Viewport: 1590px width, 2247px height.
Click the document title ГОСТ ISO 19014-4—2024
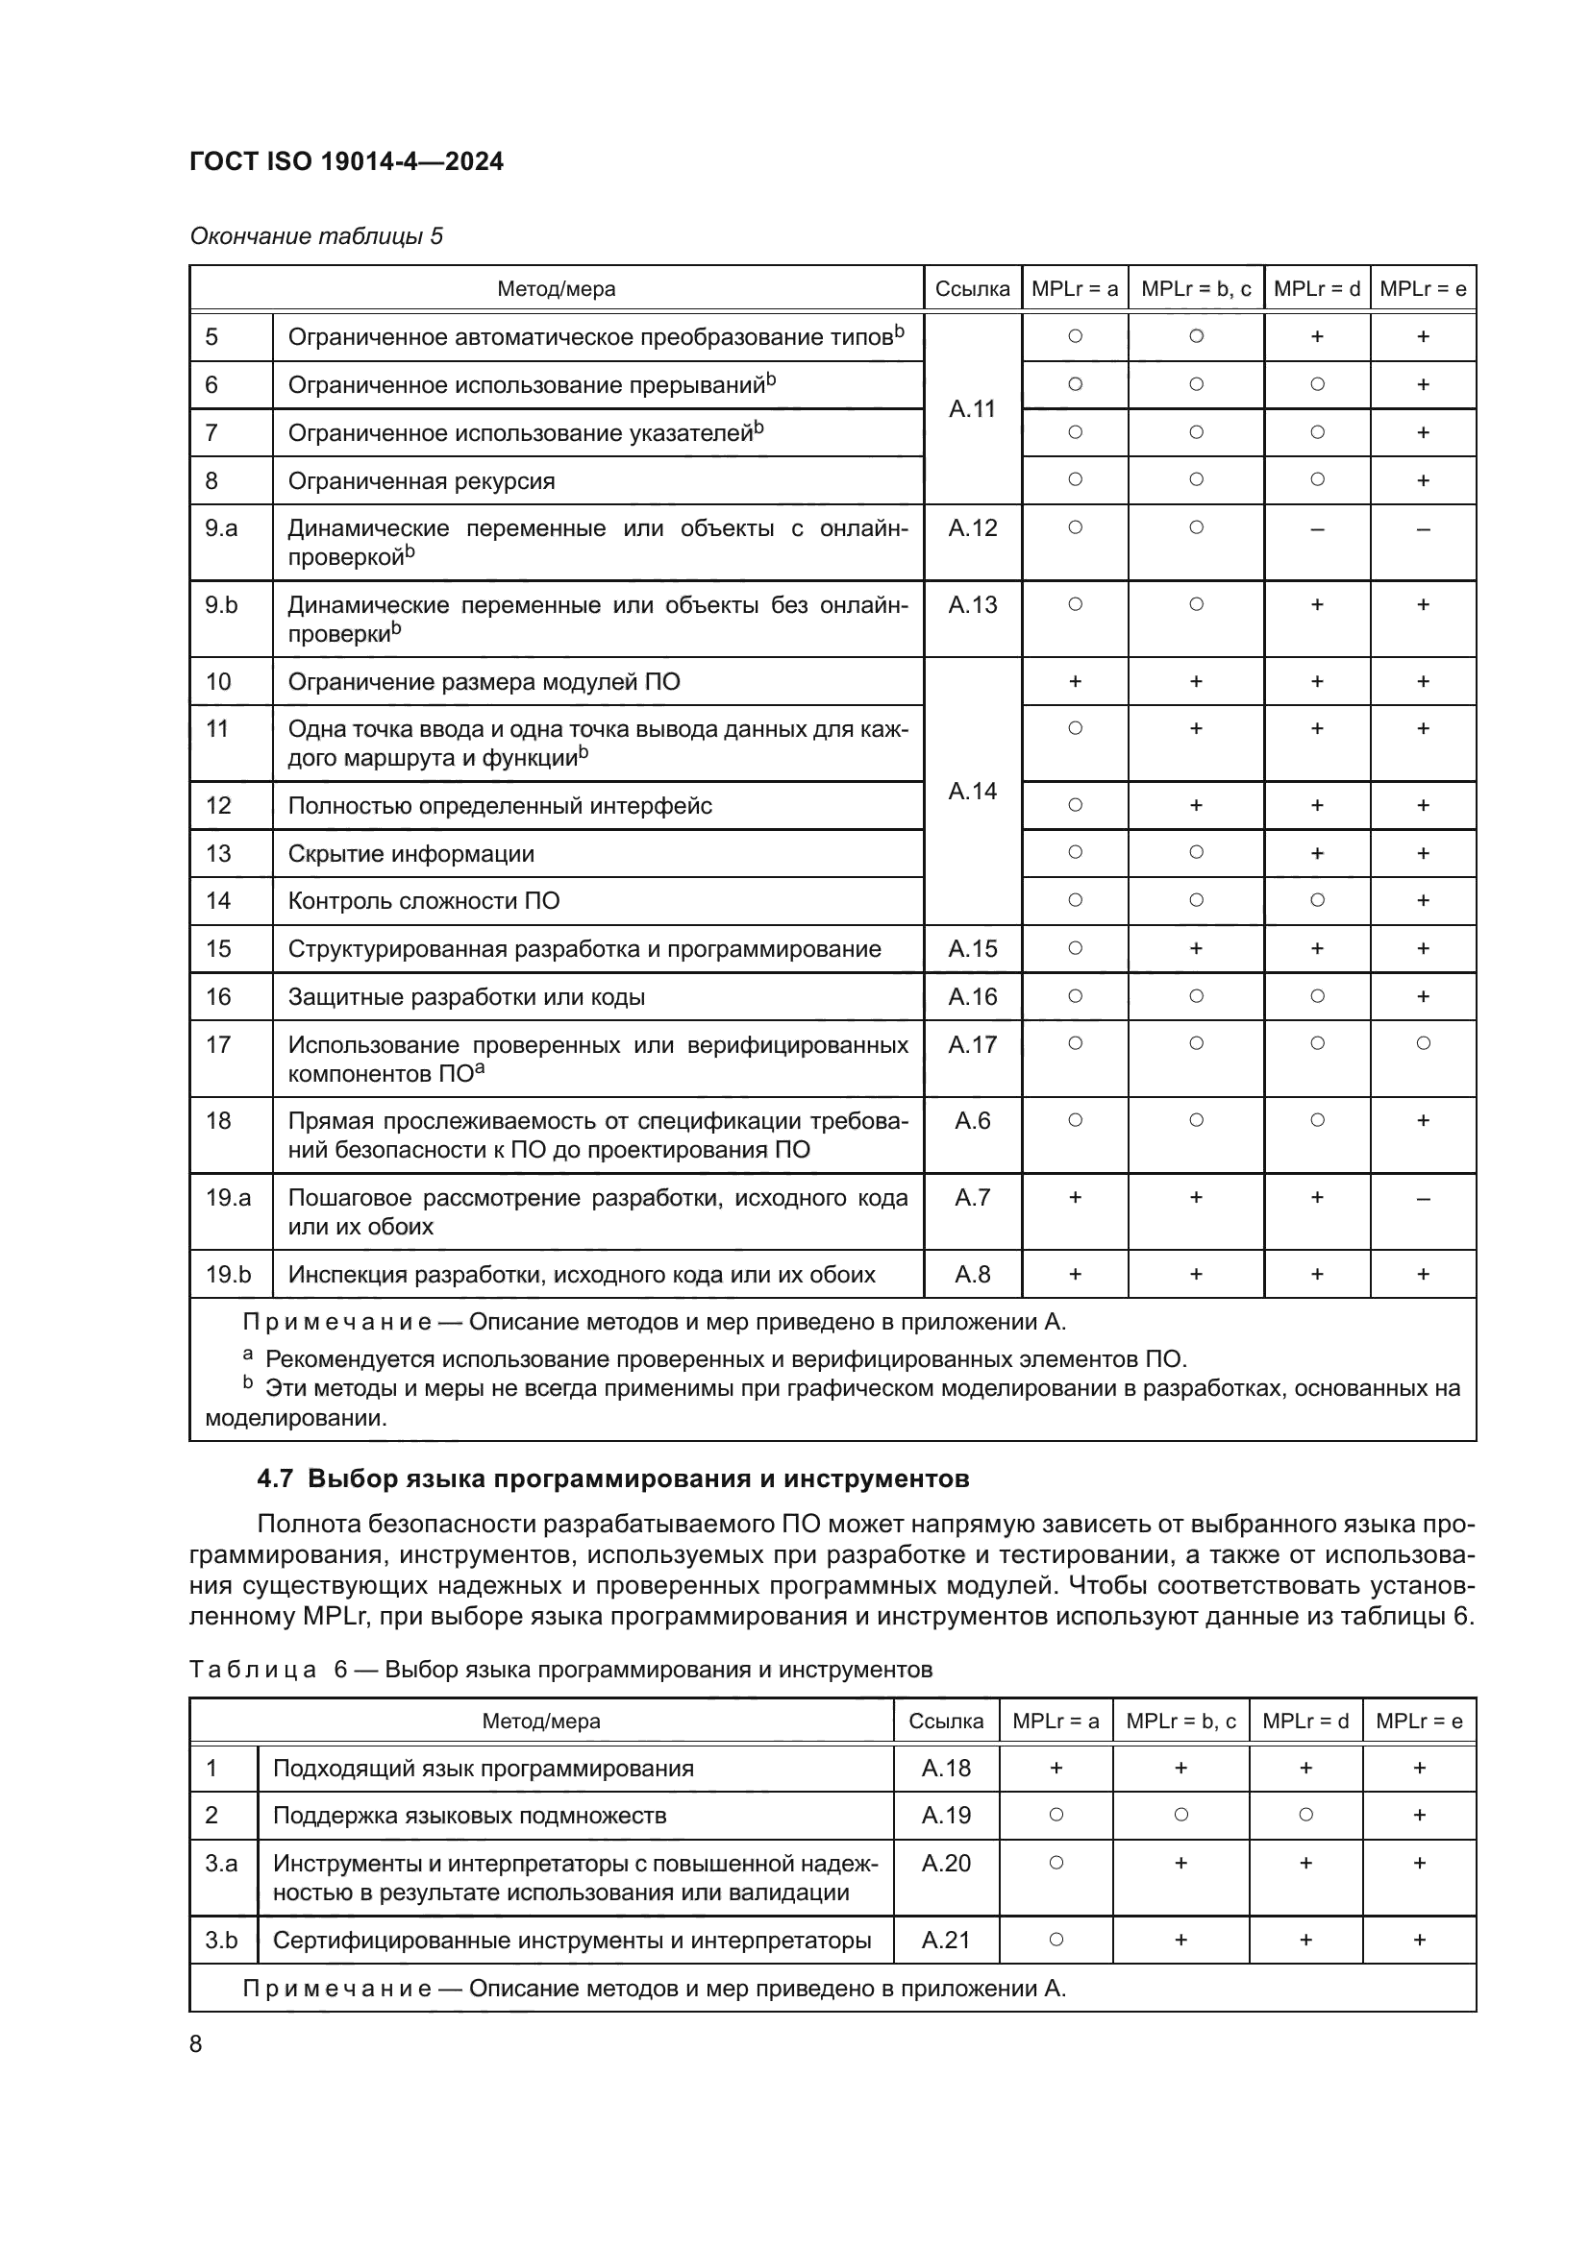pos(346,161)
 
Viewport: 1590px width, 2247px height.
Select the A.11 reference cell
pos(971,409)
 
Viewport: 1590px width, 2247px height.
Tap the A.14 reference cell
pos(971,791)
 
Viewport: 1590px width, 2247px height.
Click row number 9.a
pos(221,528)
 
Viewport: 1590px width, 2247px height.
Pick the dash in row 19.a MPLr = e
pos(1423,1198)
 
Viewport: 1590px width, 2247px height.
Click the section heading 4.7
pos(612,1478)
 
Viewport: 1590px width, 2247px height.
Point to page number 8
pos(196,2044)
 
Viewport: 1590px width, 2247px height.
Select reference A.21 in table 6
pos(945,1940)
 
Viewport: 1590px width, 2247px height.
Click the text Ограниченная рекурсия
pos(421,481)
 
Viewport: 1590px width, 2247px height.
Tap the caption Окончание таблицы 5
pos(316,236)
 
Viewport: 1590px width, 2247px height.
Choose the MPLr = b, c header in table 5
pos(1196,289)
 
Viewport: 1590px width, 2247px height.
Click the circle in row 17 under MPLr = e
pos(1423,1043)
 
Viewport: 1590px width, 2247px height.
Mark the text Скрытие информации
pos(410,853)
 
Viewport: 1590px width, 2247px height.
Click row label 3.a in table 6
pos(221,1864)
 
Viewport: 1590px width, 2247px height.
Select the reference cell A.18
pos(945,1769)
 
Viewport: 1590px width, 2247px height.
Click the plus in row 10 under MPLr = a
pos(1074,681)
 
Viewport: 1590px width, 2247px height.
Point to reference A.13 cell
pos(971,605)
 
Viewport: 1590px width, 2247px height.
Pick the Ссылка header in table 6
pos(945,1722)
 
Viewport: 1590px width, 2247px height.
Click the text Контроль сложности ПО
pos(423,900)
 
